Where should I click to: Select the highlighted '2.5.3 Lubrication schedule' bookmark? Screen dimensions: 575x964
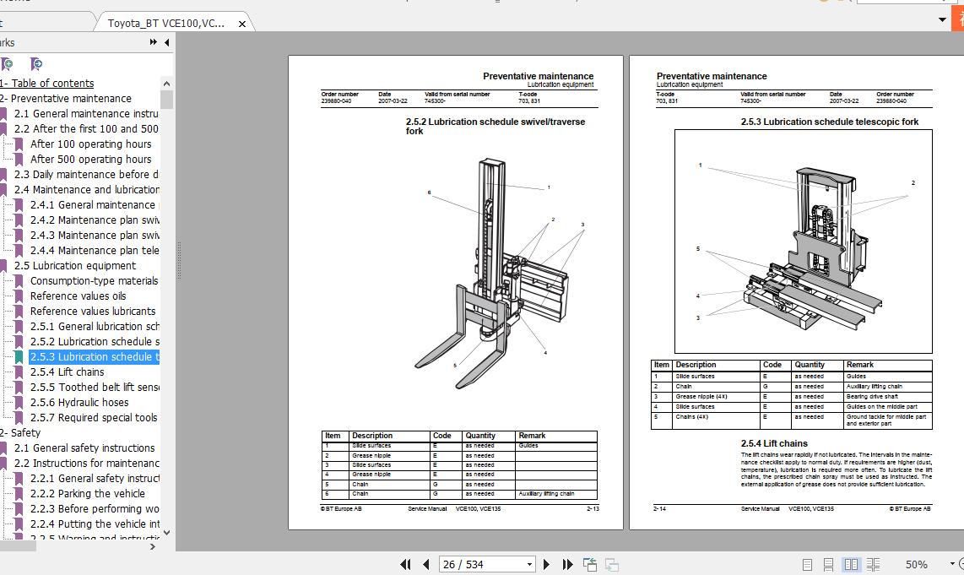(x=93, y=357)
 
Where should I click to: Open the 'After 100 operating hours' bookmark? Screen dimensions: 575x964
(x=90, y=144)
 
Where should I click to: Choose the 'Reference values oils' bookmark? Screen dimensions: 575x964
(x=78, y=296)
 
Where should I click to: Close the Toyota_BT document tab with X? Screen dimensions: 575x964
(x=242, y=24)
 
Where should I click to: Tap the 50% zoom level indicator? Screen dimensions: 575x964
(x=916, y=564)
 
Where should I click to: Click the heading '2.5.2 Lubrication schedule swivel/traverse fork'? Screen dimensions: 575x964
(x=495, y=126)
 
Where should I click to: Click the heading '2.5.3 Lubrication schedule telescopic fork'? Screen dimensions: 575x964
(x=830, y=122)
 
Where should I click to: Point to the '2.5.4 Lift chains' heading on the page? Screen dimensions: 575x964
(x=774, y=443)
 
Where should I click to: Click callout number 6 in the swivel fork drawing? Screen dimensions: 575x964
(x=429, y=193)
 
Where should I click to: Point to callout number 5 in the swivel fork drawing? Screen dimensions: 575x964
(x=455, y=366)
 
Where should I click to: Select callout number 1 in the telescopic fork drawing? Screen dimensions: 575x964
(x=700, y=165)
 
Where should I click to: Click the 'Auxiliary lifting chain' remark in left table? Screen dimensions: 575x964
(x=546, y=494)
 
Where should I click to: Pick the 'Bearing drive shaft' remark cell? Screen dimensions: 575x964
(x=872, y=397)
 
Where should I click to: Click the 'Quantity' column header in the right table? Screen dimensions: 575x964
(x=810, y=365)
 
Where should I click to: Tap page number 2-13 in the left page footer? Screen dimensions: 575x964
(x=593, y=509)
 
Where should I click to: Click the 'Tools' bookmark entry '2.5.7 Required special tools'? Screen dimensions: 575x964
(x=93, y=418)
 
